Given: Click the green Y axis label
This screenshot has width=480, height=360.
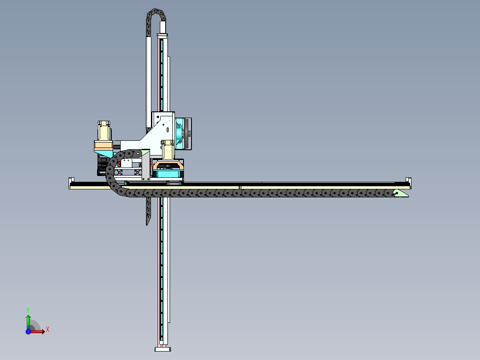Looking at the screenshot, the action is pos(28,310).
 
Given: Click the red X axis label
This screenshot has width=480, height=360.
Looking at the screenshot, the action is pos(48,330).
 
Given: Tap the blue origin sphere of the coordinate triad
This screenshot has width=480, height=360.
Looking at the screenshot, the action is pos(28,331).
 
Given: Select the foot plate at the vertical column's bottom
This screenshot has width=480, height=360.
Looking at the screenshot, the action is pos(163,349).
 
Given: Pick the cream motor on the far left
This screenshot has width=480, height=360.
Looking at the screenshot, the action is pos(104,131).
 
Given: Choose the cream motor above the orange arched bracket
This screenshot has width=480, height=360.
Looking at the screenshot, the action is pos(167,149).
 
